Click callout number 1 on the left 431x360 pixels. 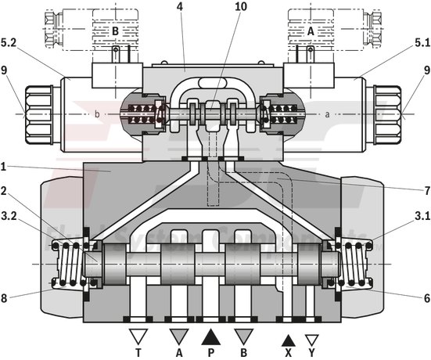5,164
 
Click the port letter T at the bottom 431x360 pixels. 138,353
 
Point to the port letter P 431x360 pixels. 211,353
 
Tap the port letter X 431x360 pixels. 288,353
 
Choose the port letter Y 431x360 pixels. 312,353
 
